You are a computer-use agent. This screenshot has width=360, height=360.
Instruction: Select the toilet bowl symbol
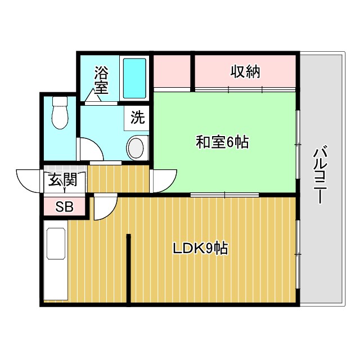(x=59, y=115)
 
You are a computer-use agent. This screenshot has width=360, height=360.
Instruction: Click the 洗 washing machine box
(x=137, y=118)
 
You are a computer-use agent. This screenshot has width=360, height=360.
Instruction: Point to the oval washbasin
(x=136, y=148)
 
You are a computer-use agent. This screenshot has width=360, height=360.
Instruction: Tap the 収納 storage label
(x=245, y=72)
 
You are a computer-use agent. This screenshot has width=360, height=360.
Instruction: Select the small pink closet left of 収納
(x=172, y=72)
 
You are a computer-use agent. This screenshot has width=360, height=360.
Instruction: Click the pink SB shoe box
(x=64, y=206)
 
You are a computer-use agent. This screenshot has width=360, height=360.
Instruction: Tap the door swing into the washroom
(x=89, y=150)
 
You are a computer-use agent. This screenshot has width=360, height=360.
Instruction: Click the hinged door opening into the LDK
(x=105, y=207)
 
